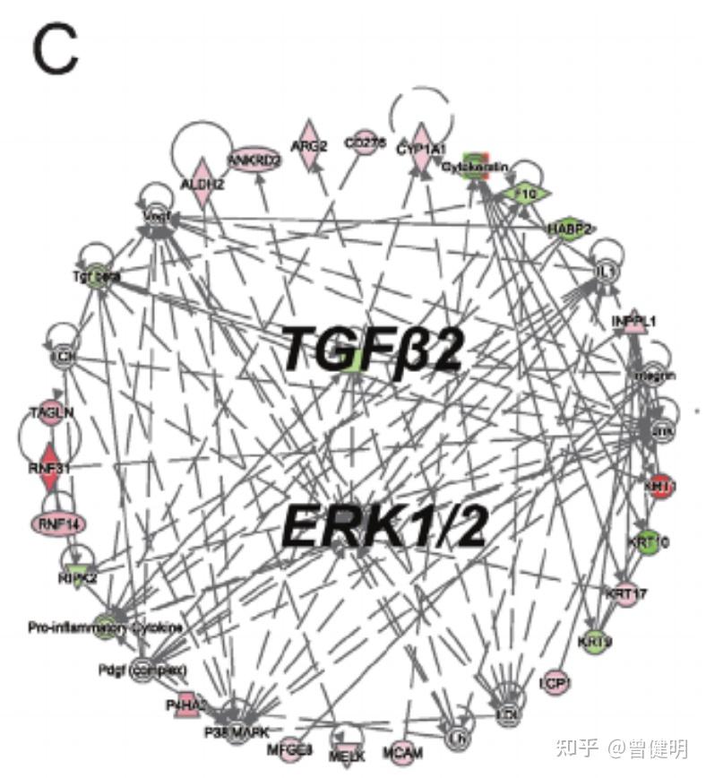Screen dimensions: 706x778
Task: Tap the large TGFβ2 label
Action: [x=373, y=349]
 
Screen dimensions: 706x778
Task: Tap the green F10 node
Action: [x=524, y=192]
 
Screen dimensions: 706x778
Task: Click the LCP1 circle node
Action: [x=555, y=683]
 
